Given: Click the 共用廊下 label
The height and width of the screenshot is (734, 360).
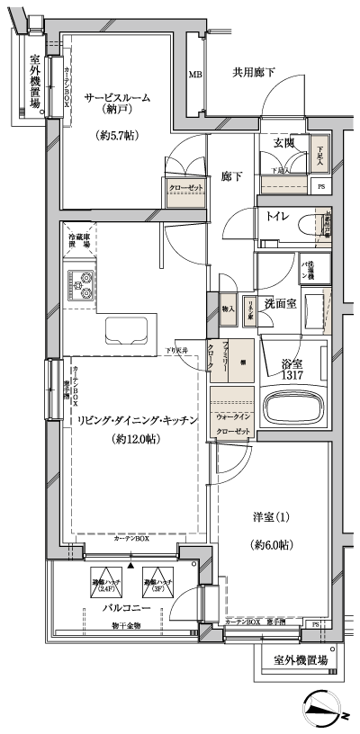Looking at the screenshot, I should point(254,72).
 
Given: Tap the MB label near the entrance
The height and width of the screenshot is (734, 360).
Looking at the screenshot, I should point(195,75).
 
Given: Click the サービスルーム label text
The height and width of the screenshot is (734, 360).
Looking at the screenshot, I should point(117,98).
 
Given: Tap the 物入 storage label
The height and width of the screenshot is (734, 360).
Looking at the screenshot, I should point(227,309).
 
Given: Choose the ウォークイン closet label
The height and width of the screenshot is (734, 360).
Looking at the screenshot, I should point(233,416).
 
